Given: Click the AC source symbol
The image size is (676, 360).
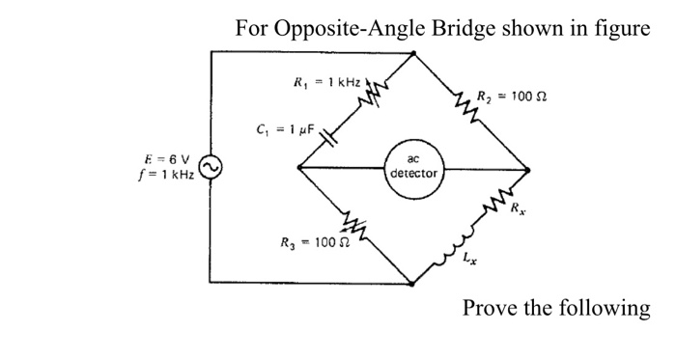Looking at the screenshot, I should (212, 169).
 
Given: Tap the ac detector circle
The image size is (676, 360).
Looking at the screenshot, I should (413, 168).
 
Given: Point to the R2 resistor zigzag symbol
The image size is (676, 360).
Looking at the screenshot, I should (462, 101).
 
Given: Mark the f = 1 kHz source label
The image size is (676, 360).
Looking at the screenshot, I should (166, 176).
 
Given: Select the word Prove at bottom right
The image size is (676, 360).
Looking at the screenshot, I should (492, 308).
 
